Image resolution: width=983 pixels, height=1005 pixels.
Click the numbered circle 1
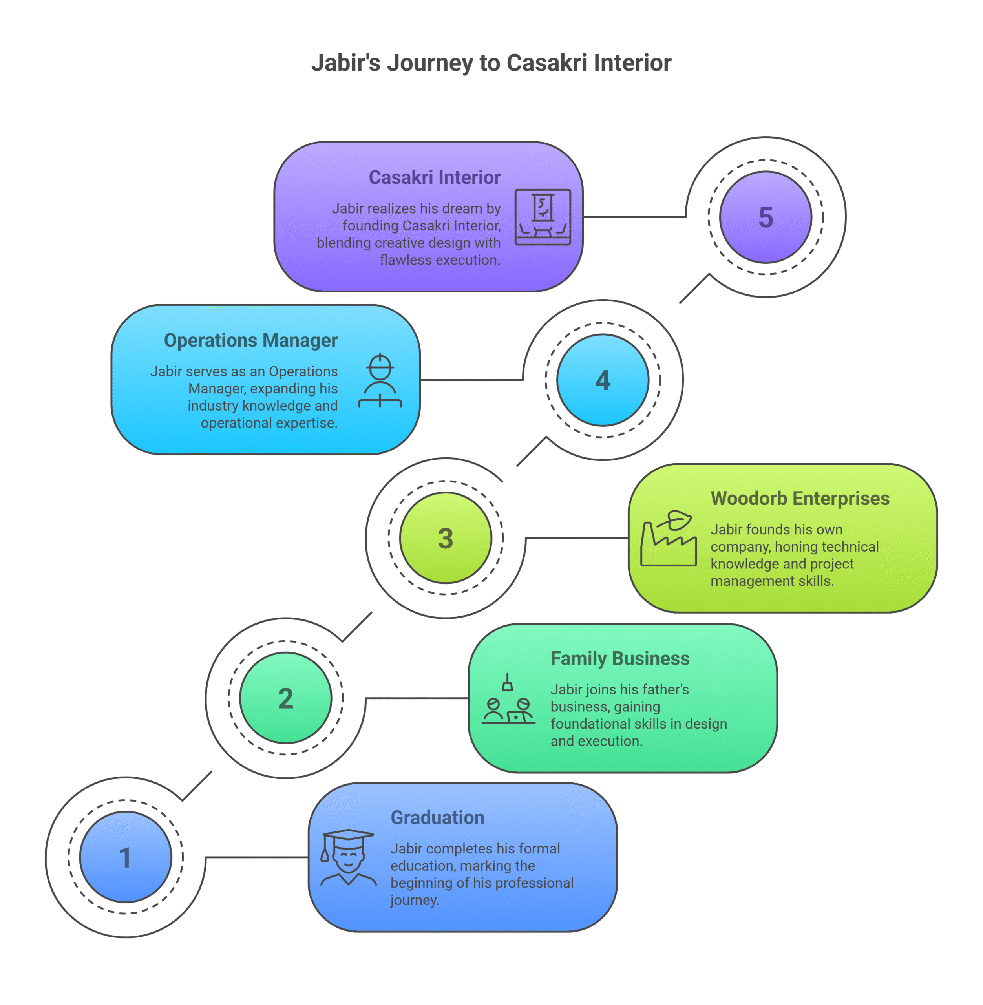pos(126,857)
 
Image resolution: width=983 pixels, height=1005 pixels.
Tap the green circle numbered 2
pos(285,698)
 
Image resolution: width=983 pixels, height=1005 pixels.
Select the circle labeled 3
pos(446,538)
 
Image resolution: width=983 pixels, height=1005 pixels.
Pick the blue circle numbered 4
pos(603,380)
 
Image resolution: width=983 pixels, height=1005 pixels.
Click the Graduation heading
pos(437,818)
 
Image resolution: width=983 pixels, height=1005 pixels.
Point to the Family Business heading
pos(619,659)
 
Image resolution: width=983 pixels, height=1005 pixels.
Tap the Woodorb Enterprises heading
pos(800,499)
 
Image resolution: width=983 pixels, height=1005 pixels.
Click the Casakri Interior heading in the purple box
pos(434,177)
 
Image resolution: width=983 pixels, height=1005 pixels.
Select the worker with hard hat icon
pos(380,380)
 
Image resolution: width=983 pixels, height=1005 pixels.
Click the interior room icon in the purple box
pos(543,217)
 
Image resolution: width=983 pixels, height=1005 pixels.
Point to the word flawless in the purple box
pos(403,259)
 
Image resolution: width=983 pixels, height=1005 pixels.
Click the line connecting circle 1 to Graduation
pos(257,857)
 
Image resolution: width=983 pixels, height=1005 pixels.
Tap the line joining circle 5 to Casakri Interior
pos(634,217)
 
